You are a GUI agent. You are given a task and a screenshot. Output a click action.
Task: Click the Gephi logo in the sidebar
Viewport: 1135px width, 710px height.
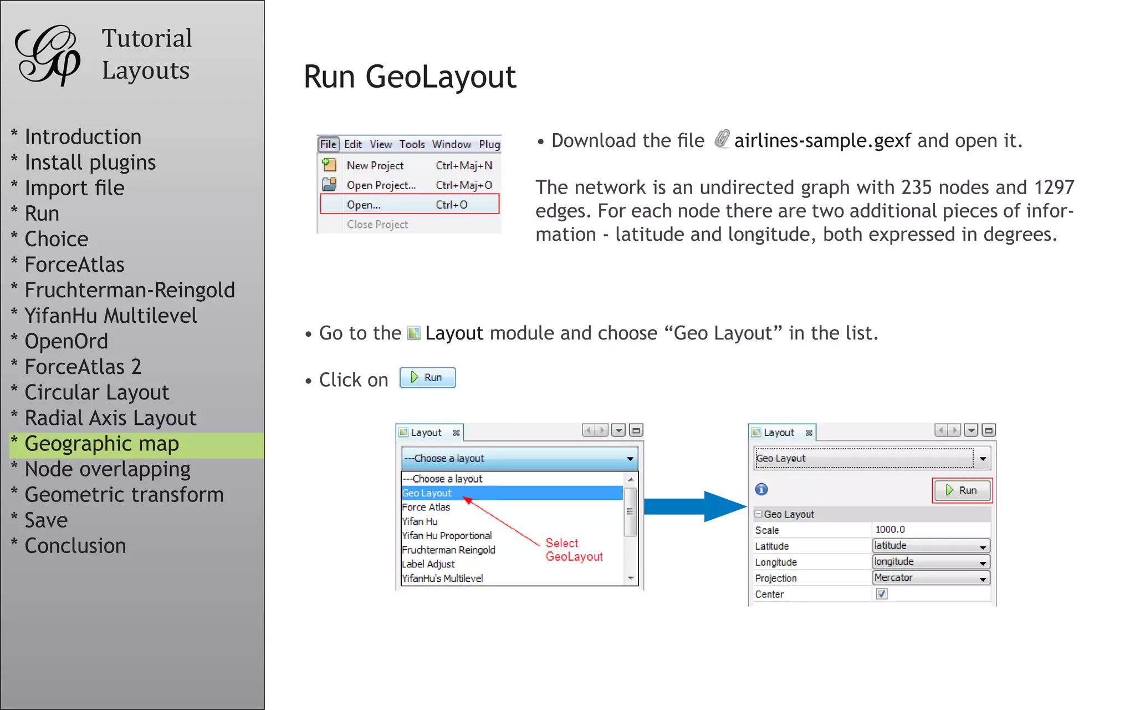point(48,55)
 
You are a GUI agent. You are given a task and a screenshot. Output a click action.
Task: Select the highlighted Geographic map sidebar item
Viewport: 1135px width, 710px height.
point(102,444)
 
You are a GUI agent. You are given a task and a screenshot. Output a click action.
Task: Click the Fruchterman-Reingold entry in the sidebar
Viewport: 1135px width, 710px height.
point(130,291)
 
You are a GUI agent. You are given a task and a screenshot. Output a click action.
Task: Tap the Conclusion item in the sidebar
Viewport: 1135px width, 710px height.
point(75,546)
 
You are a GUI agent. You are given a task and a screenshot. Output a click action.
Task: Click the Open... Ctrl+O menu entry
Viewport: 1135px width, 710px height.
point(409,204)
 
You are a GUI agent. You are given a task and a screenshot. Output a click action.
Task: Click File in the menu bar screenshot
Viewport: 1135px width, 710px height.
point(328,144)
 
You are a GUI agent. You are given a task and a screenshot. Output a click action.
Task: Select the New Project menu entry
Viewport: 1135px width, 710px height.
point(375,165)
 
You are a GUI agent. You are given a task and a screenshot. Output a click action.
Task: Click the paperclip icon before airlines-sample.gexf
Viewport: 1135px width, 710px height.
point(721,139)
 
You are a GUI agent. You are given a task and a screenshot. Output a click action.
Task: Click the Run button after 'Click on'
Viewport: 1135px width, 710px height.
point(427,378)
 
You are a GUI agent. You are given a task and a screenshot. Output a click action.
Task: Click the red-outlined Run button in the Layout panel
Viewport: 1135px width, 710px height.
point(962,490)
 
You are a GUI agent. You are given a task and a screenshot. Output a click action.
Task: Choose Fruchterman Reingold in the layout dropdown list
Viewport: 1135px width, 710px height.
point(448,550)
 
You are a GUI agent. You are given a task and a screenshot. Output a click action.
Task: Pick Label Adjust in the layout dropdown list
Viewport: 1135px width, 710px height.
point(428,564)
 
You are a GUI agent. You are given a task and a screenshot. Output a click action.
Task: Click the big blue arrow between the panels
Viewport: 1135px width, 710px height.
point(695,506)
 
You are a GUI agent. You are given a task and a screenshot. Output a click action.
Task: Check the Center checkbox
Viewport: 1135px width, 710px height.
point(881,594)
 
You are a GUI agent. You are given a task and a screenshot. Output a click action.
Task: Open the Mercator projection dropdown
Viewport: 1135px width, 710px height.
point(931,578)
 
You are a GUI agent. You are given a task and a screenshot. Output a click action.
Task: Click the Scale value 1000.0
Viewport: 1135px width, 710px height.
point(890,530)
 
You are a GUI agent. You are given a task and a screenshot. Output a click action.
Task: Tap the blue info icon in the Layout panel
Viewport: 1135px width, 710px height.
point(761,489)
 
